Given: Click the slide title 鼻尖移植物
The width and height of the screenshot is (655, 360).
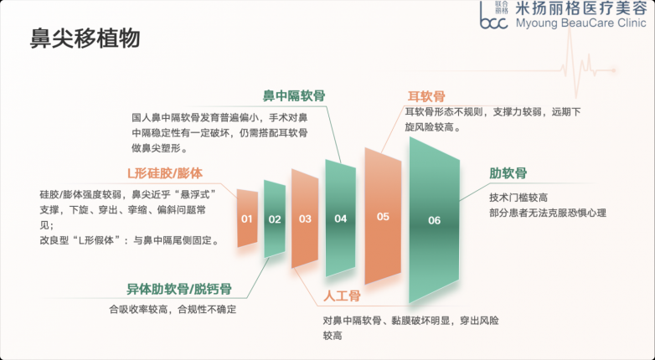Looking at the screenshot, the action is (x=85, y=39).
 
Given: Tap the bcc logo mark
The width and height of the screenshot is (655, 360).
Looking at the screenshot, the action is (x=493, y=15).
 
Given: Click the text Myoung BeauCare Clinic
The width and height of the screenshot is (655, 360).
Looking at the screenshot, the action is (x=581, y=23).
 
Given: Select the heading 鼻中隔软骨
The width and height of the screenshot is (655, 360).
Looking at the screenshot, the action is (x=294, y=96).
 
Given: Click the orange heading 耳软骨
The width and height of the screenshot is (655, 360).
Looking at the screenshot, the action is (x=426, y=96).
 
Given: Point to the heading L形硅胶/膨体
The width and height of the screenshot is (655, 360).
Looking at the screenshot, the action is (x=165, y=173).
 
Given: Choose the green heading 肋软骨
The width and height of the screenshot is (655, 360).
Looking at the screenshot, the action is (x=508, y=173).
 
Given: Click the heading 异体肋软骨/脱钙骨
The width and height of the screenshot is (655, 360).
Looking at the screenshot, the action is (x=179, y=289).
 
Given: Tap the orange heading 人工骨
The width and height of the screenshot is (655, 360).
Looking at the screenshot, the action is (x=342, y=296).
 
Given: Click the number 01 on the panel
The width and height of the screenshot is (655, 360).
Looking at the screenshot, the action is (x=247, y=219).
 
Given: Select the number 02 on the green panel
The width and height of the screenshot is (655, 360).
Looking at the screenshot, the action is (x=275, y=219).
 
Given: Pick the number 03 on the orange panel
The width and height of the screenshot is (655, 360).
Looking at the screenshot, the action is (x=305, y=219).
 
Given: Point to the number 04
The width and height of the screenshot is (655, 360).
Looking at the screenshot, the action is (x=340, y=219).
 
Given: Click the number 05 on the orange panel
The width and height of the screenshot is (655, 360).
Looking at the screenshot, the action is (x=383, y=217).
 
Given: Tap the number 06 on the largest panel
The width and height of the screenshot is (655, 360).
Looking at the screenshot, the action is (x=434, y=220).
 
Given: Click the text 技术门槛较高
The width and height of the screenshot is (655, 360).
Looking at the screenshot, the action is (x=518, y=198).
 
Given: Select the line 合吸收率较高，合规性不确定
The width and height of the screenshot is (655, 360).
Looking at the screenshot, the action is (x=173, y=310).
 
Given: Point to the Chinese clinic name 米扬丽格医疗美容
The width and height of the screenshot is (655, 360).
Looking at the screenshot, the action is (x=581, y=8).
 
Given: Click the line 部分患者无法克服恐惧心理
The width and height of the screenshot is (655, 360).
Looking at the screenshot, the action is (x=548, y=213).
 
